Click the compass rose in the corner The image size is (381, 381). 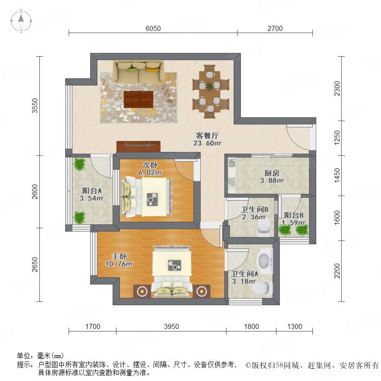click(x=21, y=21)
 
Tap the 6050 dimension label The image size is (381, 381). click(x=153, y=28)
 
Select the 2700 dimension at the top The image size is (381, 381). click(x=275, y=28)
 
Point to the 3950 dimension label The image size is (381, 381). click(x=171, y=326)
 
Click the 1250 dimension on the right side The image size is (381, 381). click(x=337, y=138)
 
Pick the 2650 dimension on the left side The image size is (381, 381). click(x=35, y=265)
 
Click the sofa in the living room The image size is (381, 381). click(x=139, y=72)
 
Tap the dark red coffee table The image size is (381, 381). click(x=138, y=99)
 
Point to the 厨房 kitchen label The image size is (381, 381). click(x=272, y=173)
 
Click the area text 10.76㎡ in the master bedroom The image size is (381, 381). click(x=119, y=264)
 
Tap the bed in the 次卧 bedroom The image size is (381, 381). click(x=146, y=197)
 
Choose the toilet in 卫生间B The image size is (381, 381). click(x=264, y=227)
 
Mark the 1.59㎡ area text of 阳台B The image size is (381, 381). click(x=294, y=223)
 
